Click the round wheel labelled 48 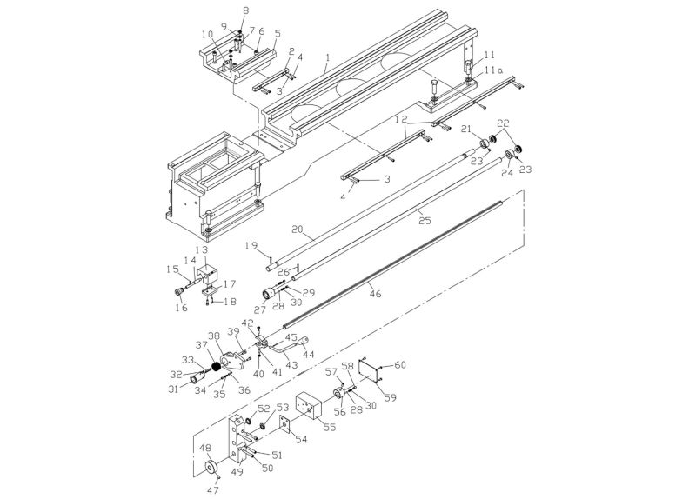(211, 470)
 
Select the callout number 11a (492, 70)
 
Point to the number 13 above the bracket (201, 249)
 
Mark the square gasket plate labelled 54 (284, 425)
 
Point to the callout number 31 (173, 389)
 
